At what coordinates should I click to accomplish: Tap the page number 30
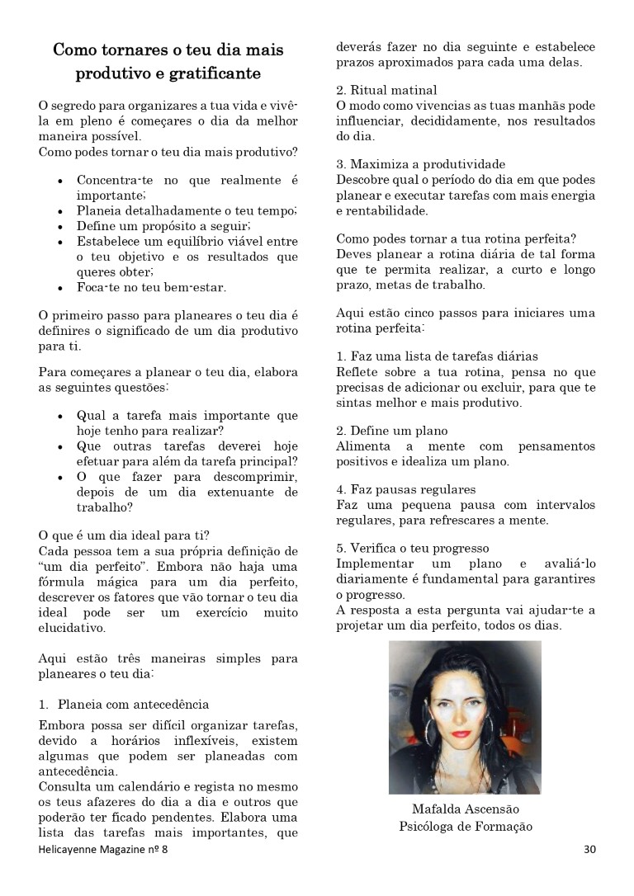(589, 848)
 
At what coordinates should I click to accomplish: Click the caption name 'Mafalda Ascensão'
(466, 809)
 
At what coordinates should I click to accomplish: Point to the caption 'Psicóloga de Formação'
(466, 826)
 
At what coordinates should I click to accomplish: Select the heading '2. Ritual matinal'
(386, 90)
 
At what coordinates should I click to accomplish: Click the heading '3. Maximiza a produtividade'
(420, 164)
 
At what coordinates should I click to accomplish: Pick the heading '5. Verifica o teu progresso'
(413, 548)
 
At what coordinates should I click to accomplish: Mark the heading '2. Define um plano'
(392, 431)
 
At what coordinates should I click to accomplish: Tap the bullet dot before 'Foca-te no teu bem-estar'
(62, 288)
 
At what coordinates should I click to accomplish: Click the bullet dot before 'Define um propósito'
(62, 225)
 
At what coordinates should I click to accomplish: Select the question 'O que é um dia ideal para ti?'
(124, 535)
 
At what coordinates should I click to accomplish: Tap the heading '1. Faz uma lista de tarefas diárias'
(438, 356)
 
